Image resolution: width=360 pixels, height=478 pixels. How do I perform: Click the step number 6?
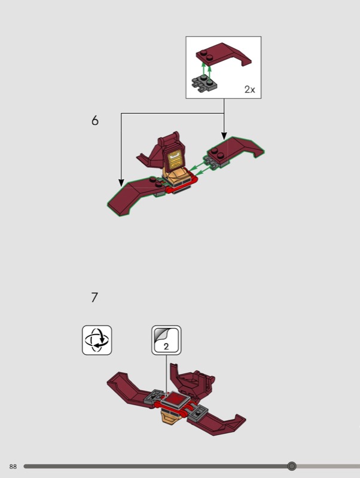point(95,121)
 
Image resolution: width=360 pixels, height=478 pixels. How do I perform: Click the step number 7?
point(94,297)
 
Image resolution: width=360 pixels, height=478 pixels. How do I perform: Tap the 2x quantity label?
point(249,89)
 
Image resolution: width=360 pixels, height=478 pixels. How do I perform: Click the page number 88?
point(13,467)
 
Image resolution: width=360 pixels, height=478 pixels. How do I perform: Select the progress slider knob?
point(292,466)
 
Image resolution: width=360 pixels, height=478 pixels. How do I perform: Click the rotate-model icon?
point(97,340)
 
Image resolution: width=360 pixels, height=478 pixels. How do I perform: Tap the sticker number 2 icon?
point(166,340)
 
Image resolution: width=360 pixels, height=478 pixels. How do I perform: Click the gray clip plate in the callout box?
point(204,83)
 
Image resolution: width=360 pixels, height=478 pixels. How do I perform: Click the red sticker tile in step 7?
point(175,399)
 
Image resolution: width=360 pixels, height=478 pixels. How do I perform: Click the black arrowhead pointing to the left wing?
point(121,183)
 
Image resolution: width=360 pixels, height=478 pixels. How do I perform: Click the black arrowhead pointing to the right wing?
point(224,136)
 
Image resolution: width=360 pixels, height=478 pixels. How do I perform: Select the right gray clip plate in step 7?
point(199,413)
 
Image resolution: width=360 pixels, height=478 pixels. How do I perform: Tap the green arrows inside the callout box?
point(206,69)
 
